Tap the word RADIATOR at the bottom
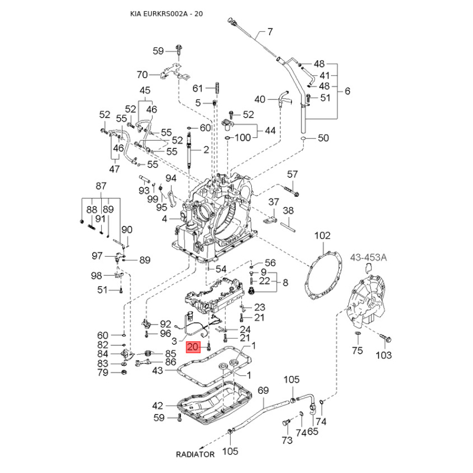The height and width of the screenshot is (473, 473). pyautogui.click(x=195, y=455)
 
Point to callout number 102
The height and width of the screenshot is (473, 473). pyautogui.click(x=322, y=235)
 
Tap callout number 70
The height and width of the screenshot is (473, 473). pyautogui.click(x=142, y=74)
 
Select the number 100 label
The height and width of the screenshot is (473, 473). pyautogui.click(x=243, y=138)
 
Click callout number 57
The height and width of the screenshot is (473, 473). pyautogui.click(x=293, y=174)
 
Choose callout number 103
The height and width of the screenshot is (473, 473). pyautogui.click(x=384, y=355)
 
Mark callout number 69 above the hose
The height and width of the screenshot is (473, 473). pyautogui.click(x=263, y=391)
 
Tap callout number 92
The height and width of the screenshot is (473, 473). pyautogui.click(x=166, y=323)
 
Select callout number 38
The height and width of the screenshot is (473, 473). pyautogui.click(x=289, y=210)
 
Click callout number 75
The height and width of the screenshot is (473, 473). pyautogui.click(x=357, y=351)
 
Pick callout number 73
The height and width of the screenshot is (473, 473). pyautogui.click(x=286, y=440)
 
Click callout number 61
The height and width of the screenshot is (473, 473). pyautogui.click(x=197, y=88)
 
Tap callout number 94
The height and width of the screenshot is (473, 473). pyautogui.click(x=171, y=179)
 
